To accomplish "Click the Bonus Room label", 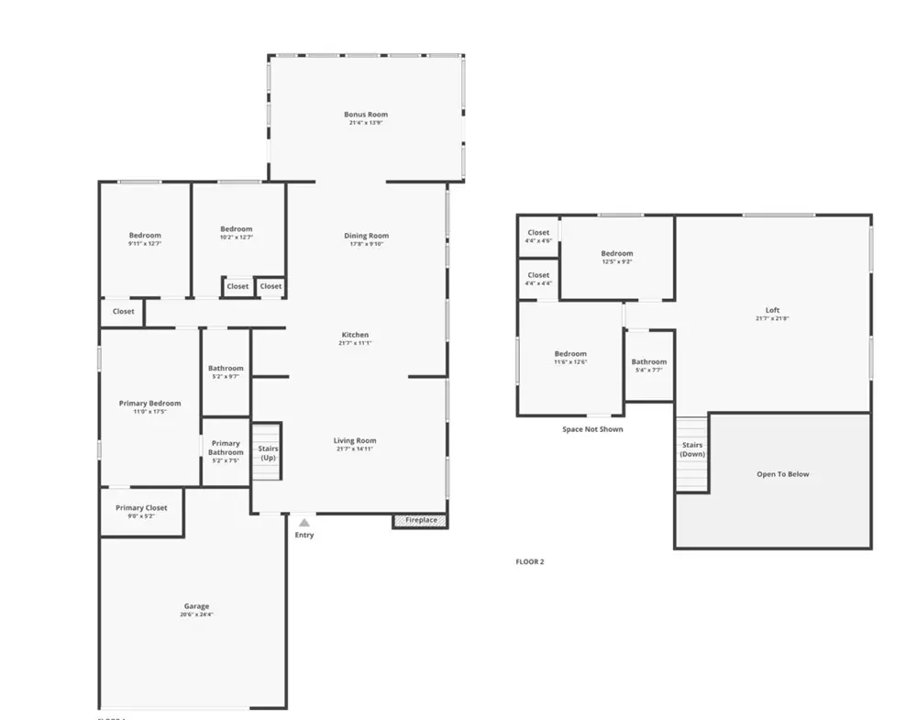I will [366, 115].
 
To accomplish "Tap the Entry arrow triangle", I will [304, 523].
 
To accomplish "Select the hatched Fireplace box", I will [421, 520].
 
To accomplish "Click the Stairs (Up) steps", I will [267, 452].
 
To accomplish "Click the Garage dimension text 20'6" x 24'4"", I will [196, 615].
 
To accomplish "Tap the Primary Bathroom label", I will [226, 448].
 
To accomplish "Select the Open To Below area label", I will [782, 474].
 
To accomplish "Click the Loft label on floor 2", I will [772, 310].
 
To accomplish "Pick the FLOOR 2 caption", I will [530, 561].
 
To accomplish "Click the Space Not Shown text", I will [592, 428].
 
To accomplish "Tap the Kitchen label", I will [355, 335].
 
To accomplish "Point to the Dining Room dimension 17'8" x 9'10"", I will [366, 244].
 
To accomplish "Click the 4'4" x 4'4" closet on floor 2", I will [538, 279].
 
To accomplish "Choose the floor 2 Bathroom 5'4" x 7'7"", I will [649, 365].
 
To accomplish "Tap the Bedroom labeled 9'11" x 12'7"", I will [145, 238].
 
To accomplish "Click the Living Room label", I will [355, 440].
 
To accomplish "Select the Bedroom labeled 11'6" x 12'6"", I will [570, 358].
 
